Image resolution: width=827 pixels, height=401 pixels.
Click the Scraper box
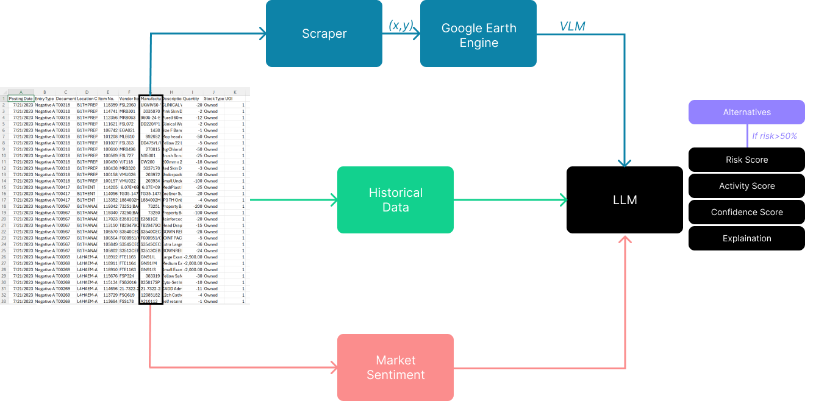point(324,34)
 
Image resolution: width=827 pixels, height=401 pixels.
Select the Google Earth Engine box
point(479,35)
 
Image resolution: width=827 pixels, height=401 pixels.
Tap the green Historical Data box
point(395,200)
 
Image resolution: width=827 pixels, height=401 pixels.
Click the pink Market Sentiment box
point(395,367)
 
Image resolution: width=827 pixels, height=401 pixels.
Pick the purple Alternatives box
point(746,112)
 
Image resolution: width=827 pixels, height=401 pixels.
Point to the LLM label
point(625,200)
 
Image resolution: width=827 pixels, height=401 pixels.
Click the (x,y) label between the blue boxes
point(401,25)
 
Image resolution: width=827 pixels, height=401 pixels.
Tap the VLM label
point(573,25)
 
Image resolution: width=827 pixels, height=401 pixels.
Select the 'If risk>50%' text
point(775,136)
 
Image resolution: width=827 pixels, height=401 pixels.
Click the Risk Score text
point(746,160)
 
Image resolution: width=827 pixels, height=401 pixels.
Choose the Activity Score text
point(746,186)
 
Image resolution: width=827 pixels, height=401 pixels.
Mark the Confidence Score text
point(746,212)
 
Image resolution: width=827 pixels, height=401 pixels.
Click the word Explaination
point(746,238)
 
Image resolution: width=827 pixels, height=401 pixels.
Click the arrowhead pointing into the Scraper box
point(262,34)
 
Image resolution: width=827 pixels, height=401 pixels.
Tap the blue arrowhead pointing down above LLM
point(625,163)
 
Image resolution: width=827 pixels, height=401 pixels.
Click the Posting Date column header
point(21,98)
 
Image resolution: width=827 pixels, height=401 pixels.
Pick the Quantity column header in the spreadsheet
point(191,98)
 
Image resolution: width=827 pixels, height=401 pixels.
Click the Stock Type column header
point(213,98)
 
